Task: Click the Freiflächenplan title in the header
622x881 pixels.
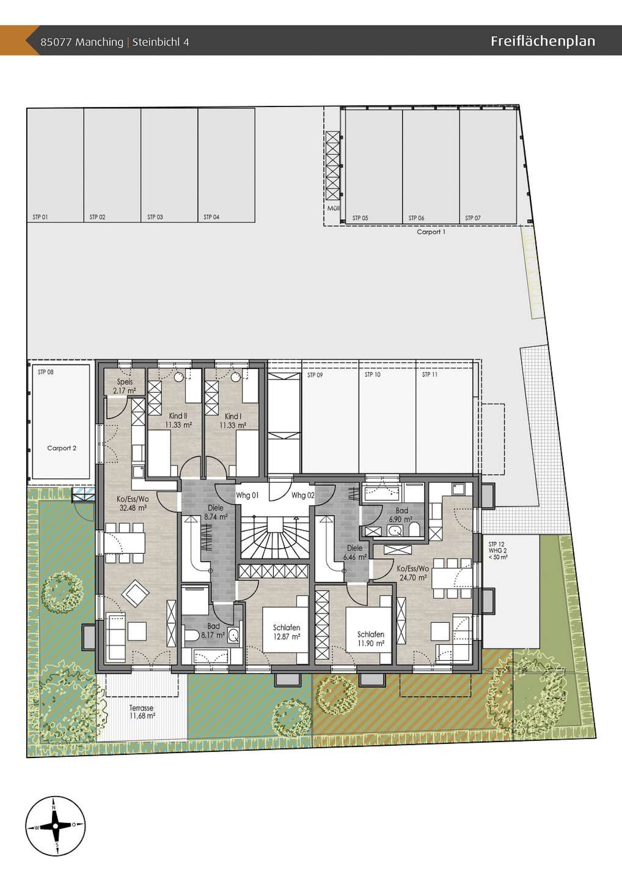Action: pos(543,42)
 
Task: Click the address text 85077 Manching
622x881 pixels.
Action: pos(82,42)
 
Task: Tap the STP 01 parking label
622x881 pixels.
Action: pos(40,217)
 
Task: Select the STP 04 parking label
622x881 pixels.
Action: pos(211,217)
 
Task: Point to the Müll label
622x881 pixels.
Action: pos(333,208)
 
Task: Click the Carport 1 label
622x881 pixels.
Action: pos(431,232)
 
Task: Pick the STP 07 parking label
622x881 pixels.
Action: pos(473,218)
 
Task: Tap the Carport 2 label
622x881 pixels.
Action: pos(62,448)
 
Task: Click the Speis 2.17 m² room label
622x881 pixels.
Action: pos(124,386)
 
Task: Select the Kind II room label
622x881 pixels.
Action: pos(178,420)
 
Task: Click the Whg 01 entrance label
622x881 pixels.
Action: pos(247,495)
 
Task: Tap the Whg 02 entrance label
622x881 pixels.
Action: pos(303,495)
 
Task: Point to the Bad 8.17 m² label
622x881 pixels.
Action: pos(213,631)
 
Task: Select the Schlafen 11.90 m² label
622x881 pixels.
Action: pos(370,639)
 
